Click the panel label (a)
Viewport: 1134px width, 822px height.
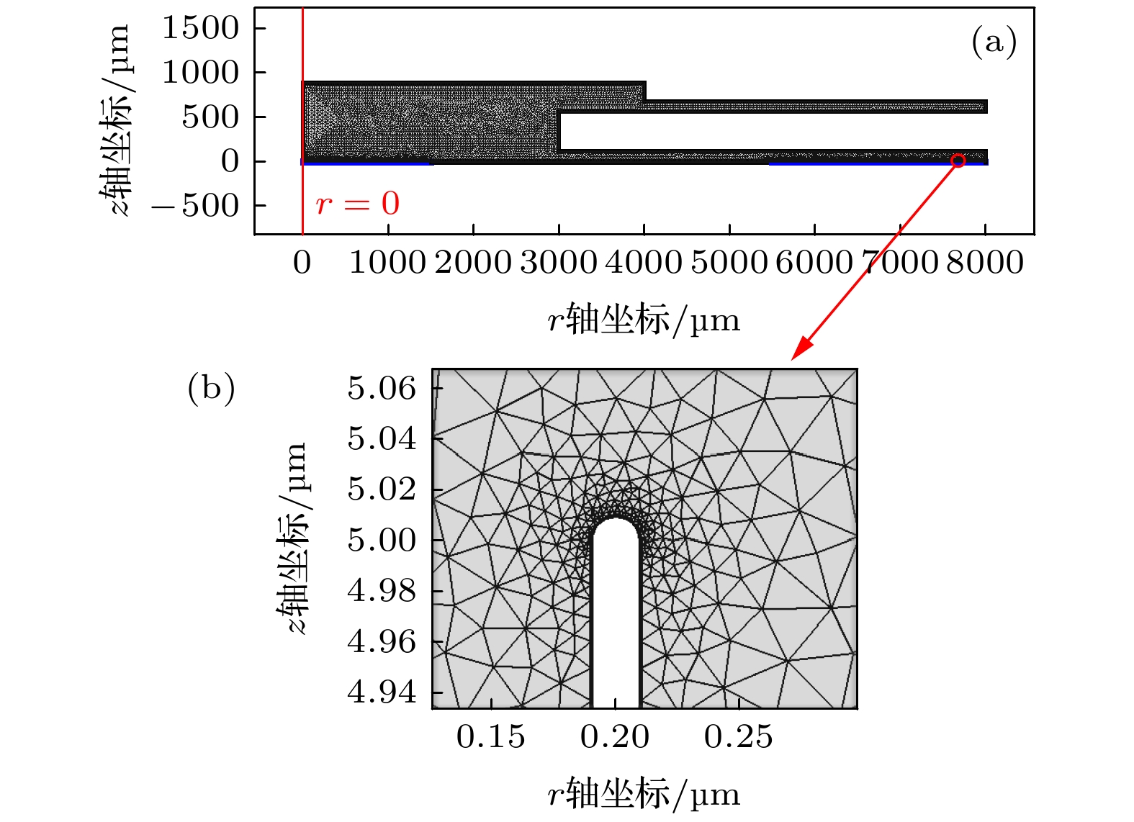994,42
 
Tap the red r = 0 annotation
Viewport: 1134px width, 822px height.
357,204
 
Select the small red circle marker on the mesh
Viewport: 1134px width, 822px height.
958,161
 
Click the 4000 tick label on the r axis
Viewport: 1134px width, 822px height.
643,262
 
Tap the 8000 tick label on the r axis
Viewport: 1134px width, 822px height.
984,262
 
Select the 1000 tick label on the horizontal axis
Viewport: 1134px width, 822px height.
387,262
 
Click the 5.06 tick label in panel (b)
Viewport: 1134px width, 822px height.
382,389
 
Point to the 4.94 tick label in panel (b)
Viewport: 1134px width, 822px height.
382,692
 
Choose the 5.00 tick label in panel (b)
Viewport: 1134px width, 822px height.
382,540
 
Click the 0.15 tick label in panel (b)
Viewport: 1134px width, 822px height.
490,736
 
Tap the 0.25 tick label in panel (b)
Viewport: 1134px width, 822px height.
738,736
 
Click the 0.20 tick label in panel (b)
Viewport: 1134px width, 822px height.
615,736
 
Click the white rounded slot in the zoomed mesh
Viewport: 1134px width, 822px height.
616,619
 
